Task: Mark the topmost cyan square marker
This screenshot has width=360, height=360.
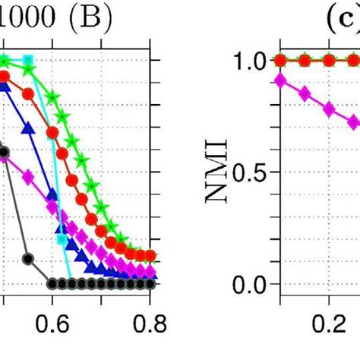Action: tap(29, 60)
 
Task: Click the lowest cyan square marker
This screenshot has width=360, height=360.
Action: tap(62, 239)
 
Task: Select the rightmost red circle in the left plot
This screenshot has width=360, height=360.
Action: tap(151, 256)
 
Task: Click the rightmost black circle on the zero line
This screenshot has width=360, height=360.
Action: tap(151, 284)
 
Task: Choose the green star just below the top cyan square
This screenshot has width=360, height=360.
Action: tap(29, 69)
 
